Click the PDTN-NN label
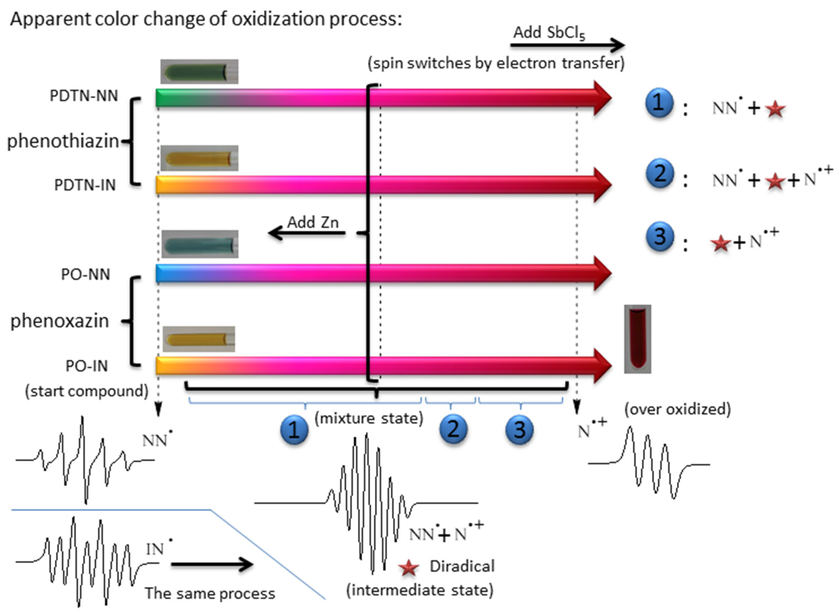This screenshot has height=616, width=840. tap(84, 96)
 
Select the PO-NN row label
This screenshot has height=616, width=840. tap(85, 274)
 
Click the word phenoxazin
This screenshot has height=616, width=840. tap(60, 321)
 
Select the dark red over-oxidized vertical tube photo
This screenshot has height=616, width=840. tap(637, 339)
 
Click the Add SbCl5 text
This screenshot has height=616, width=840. tap(549, 33)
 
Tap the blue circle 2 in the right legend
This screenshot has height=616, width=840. tap(659, 174)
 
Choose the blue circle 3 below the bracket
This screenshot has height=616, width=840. tap(519, 430)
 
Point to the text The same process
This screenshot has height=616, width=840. tap(210, 593)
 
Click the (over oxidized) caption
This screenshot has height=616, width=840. tap(677, 409)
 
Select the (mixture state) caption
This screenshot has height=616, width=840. tap(368, 418)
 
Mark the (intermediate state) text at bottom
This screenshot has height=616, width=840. tap(420, 590)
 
